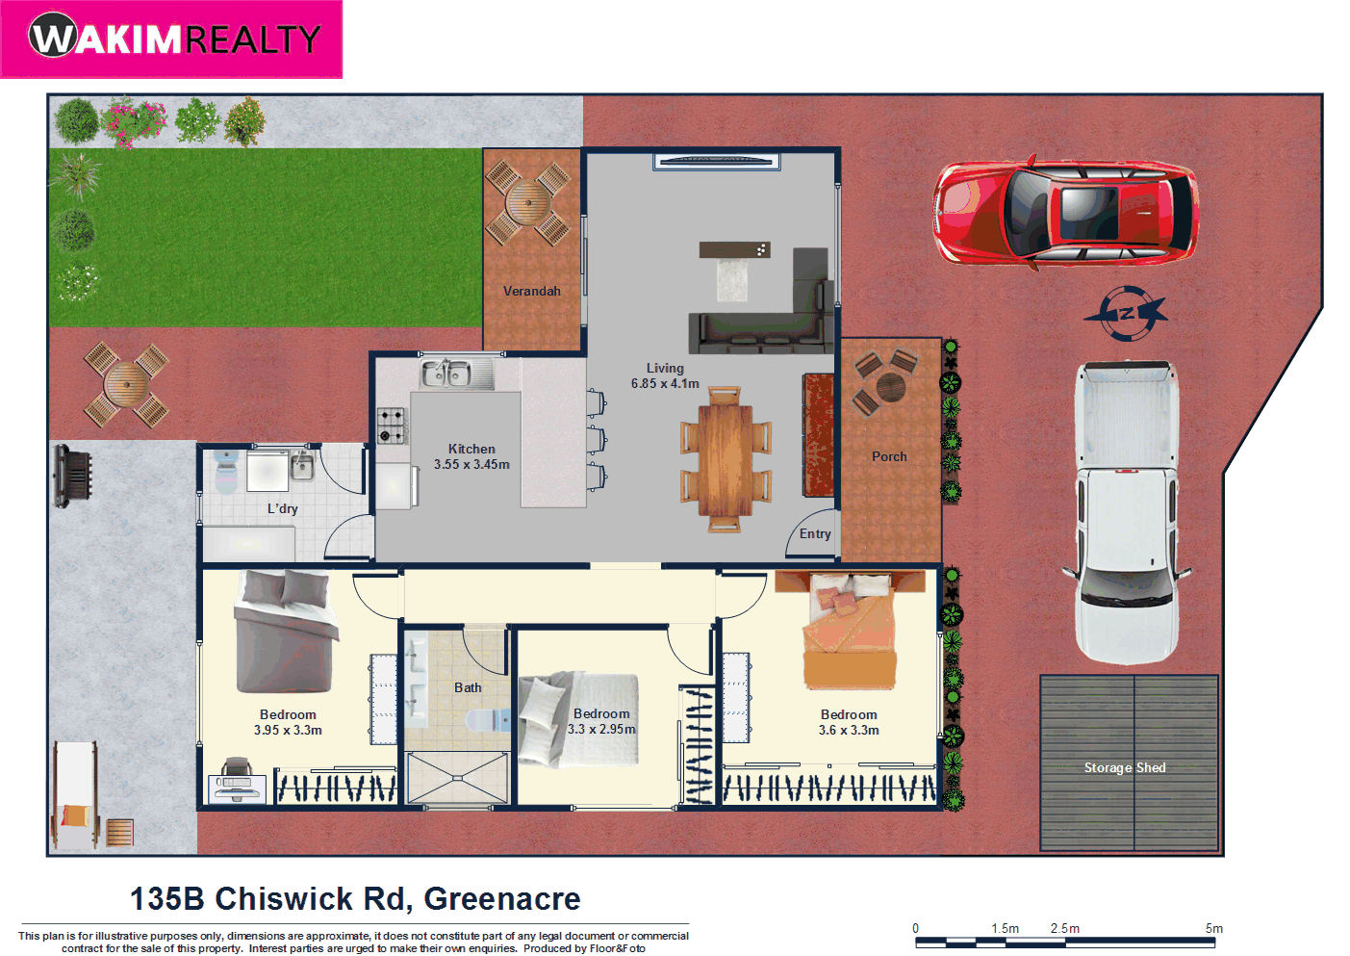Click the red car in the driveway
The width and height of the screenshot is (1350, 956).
point(1065,212)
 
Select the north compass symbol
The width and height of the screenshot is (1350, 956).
point(1126,313)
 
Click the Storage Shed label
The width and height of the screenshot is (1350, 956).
point(1125,767)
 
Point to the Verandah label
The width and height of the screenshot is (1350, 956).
point(531,291)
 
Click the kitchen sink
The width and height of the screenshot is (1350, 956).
point(446,373)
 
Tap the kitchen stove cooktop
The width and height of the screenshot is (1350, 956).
point(392,425)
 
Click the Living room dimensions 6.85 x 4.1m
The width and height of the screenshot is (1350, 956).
point(665,383)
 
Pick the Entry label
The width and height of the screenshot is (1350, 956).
point(815,533)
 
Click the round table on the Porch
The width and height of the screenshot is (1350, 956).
point(890,387)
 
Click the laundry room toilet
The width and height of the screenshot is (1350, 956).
point(225,473)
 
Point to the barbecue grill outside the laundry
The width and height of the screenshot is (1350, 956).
point(72,475)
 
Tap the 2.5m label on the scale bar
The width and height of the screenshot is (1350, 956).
point(1064,928)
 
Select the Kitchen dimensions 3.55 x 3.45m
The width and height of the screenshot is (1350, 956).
point(471,464)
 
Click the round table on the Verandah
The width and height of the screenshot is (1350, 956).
point(527,203)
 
